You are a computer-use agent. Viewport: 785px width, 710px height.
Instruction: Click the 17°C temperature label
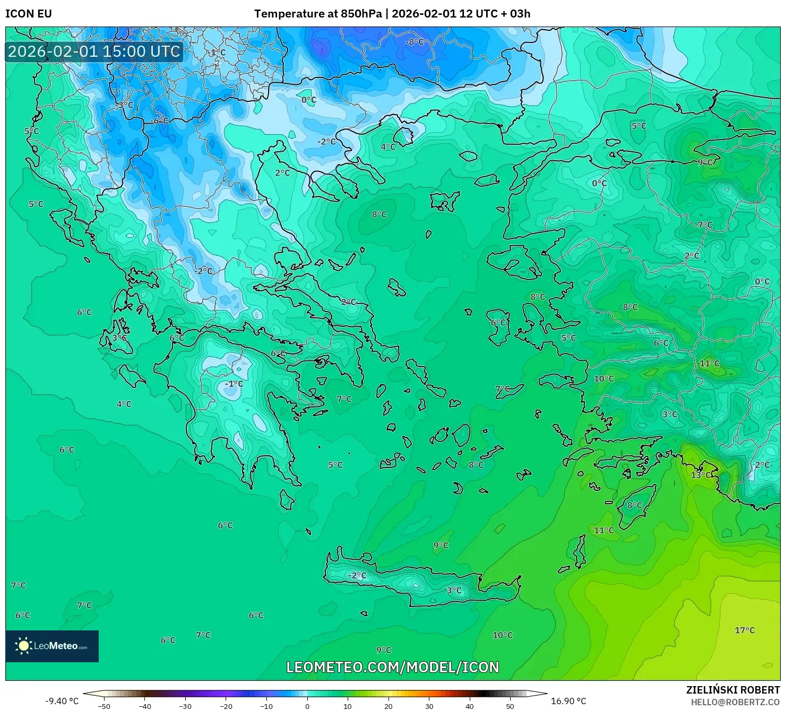pyautogui.click(x=744, y=630)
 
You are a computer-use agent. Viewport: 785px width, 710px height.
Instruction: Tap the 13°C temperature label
pyautogui.click(x=701, y=475)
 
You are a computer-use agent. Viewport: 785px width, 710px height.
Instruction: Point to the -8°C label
pyautogui.click(x=415, y=42)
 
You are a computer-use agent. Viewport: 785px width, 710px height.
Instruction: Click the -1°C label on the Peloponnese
pyautogui.click(x=234, y=384)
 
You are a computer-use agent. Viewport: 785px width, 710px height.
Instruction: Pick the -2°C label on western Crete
pyautogui.click(x=357, y=575)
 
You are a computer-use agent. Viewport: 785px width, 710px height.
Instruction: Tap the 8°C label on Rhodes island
pyautogui.click(x=634, y=505)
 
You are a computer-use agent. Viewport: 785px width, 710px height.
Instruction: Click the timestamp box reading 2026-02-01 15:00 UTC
pyautogui.click(x=94, y=51)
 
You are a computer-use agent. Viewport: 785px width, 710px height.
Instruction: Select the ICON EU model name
pyautogui.click(x=29, y=14)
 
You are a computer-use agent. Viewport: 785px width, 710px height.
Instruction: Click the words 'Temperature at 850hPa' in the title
pyautogui.click(x=317, y=14)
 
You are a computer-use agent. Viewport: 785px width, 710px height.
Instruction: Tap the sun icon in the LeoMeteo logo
pyautogui.click(x=23, y=646)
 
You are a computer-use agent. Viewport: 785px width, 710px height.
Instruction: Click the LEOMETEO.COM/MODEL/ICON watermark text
pyautogui.click(x=392, y=667)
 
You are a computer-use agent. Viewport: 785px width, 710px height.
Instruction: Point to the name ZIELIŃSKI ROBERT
pyautogui.click(x=732, y=690)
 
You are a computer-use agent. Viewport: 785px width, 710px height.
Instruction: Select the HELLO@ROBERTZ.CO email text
pyautogui.click(x=735, y=702)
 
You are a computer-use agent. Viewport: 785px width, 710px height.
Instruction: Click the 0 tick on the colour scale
pyautogui.click(x=307, y=706)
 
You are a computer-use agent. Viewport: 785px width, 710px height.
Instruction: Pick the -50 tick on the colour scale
pyautogui.click(x=104, y=706)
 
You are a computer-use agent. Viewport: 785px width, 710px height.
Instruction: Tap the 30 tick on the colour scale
pyautogui.click(x=429, y=706)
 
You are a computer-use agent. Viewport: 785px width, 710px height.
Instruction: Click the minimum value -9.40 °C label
pyautogui.click(x=62, y=701)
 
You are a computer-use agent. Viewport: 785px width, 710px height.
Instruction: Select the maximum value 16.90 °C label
pyautogui.click(x=568, y=701)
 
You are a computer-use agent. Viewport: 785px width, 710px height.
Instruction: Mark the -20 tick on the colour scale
pyautogui.click(x=226, y=706)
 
